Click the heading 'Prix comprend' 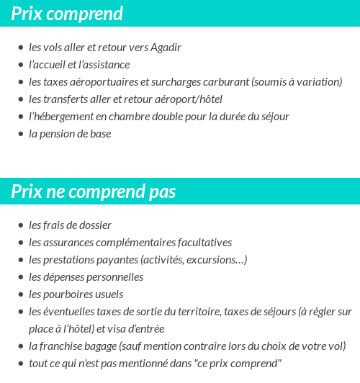coord(67,14)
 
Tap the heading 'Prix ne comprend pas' coord(94,192)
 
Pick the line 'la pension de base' coord(70,134)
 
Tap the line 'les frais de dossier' coord(70,225)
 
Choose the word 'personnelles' coord(114,277)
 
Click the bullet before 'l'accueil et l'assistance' coord(20,65)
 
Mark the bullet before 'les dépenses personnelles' coord(20,277)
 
